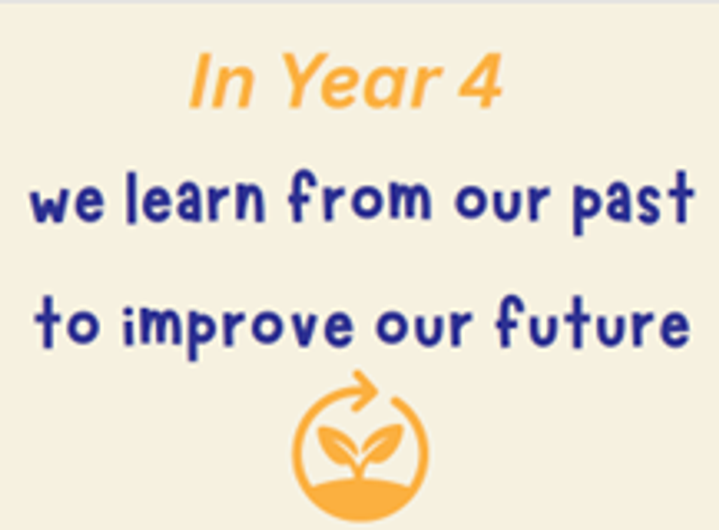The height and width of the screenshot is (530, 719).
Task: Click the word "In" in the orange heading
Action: (x=222, y=81)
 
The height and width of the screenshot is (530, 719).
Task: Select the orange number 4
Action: (x=480, y=81)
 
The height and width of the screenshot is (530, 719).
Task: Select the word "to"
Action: (x=67, y=323)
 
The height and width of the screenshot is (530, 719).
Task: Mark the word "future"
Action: (x=593, y=321)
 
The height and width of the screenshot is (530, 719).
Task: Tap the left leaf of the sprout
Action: (x=337, y=444)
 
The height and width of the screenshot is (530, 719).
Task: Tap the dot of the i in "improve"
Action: (x=128, y=313)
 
